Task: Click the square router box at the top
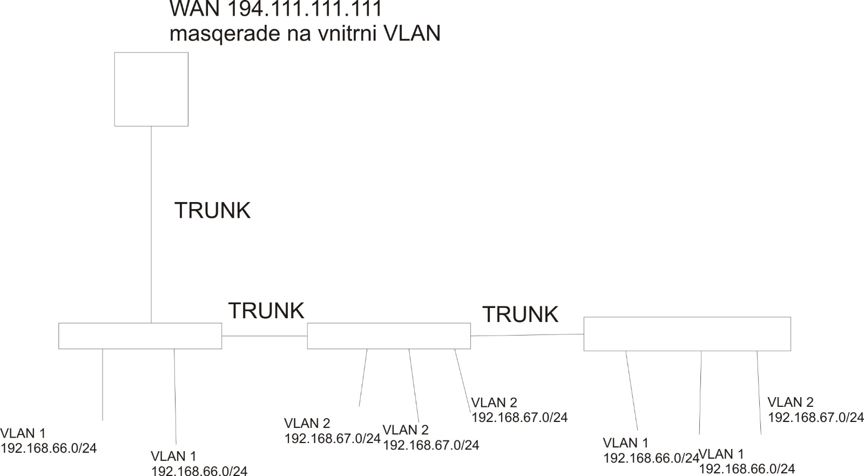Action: [x=151, y=89]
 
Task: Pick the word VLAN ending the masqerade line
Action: [x=411, y=33]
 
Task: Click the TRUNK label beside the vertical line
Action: [x=212, y=210]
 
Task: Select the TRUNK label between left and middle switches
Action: [x=266, y=311]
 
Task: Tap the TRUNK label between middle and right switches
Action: [x=520, y=314]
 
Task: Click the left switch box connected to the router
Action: [x=140, y=336]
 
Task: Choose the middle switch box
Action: [x=389, y=336]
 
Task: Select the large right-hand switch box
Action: [x=687, y=334]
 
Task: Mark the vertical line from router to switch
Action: [x=151, y=224]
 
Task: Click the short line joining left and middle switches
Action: [x=264, y=336]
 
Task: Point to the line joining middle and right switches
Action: [x=527, y=336]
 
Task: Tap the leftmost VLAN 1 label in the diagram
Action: [x=23, y=433]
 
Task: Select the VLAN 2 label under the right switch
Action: [x=791, y=403]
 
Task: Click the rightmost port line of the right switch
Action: [x=759, y=392]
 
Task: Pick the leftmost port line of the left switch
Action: [x=103, y=384]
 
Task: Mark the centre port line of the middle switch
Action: [x=414, y=385]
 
